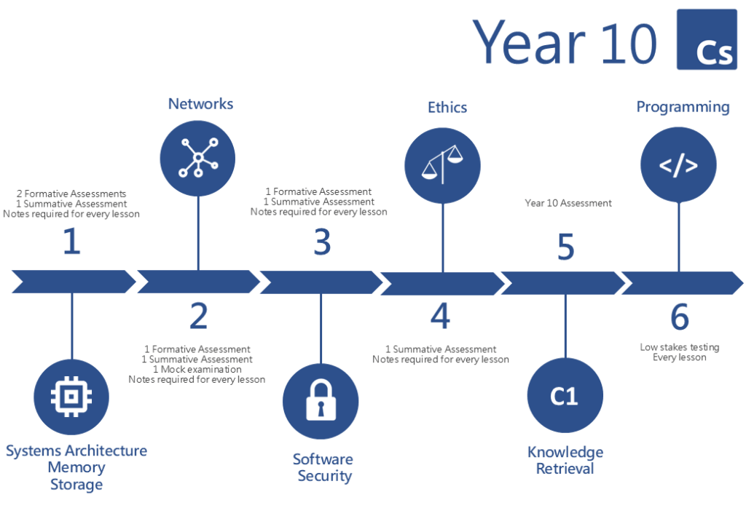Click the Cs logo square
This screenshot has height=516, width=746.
click(707, 39)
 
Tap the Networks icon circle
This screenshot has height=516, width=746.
click(197, 158)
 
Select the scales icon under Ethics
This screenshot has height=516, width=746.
click(442, 165)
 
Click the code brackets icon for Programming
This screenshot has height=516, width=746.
click(678, 164)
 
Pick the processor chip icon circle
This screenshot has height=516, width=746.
click(71, 397)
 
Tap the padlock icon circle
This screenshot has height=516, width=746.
click(321, 401)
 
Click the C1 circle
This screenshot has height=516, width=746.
click(565, 395)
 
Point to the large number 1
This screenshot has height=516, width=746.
click(72, 241)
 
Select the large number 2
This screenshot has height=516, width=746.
click(199, 316)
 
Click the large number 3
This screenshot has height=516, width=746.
click(322, 242)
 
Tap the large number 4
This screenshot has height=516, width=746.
click(441, 316)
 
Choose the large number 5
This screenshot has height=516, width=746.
click(565, 247)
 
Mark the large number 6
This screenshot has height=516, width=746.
click(680, 317)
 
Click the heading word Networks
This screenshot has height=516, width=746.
click(201, 103)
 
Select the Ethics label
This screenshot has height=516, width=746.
click(447, 108)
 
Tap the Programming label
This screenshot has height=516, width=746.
click(683, 108)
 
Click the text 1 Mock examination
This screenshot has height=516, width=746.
click(197, 369)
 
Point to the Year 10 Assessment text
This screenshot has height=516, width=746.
click(568, 203)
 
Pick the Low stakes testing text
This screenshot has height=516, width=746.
click(680, 347)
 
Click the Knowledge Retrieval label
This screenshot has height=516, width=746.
click(565, 461)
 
